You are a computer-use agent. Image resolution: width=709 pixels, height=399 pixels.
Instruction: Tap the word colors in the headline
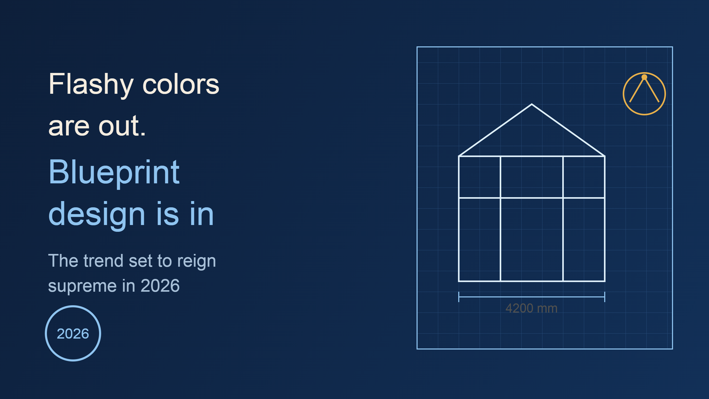[181, 85]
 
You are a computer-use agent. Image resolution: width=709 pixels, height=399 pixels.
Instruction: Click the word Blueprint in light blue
[114, 173]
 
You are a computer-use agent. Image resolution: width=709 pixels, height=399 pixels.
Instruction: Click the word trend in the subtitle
[103, 261]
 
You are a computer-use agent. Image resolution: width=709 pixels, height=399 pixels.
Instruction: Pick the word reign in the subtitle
[197, 261]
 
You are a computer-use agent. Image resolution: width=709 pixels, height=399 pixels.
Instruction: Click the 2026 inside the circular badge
[73, 334]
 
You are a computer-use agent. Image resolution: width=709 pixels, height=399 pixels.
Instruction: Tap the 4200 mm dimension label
[531, 308]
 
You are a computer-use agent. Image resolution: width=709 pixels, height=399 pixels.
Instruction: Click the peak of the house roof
[532, 104]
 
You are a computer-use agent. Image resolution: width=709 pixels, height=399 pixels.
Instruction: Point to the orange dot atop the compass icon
[644, 77]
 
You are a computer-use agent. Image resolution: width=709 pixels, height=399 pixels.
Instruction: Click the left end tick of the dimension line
[459, 297]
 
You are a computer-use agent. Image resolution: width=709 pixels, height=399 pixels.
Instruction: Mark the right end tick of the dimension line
[605, 297]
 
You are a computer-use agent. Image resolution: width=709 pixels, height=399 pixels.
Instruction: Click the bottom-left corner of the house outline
[459, 281]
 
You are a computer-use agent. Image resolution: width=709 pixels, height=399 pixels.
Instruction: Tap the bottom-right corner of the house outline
[605, 281]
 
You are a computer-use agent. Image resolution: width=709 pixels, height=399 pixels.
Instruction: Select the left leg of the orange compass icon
[637, 90]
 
